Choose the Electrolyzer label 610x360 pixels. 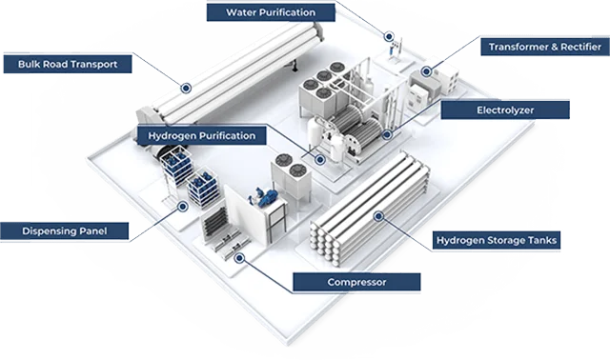pyautogui.click(x=505, y=110)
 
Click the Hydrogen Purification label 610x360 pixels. pyautogui.click(x=201, y=136)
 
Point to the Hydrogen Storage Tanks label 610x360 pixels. pyautogui.click(x=496, y=240)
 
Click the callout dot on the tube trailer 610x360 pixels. pyautogui.click(x=187, y=88)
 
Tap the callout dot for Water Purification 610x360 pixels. pyautogui.click(x=389, y=36)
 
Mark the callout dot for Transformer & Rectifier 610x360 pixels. pyautogui.click(x=427, y=70)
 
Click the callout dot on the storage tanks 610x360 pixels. pyautogui.click(x=378, y=215)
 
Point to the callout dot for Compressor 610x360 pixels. pyautogui.click(x=240, y=255)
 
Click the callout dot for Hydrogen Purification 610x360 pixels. pyautogui.click(x=320, y=159)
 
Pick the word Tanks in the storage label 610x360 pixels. pyautogui.click(x=539, y=240)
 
